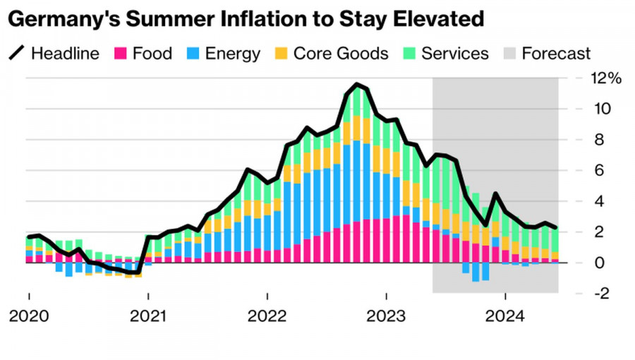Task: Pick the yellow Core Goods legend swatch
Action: (280, 54)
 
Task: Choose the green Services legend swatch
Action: (408, 54)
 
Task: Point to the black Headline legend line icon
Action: (17, 54)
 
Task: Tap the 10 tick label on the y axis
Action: (602, 109)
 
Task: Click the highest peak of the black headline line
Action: (358, 85)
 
